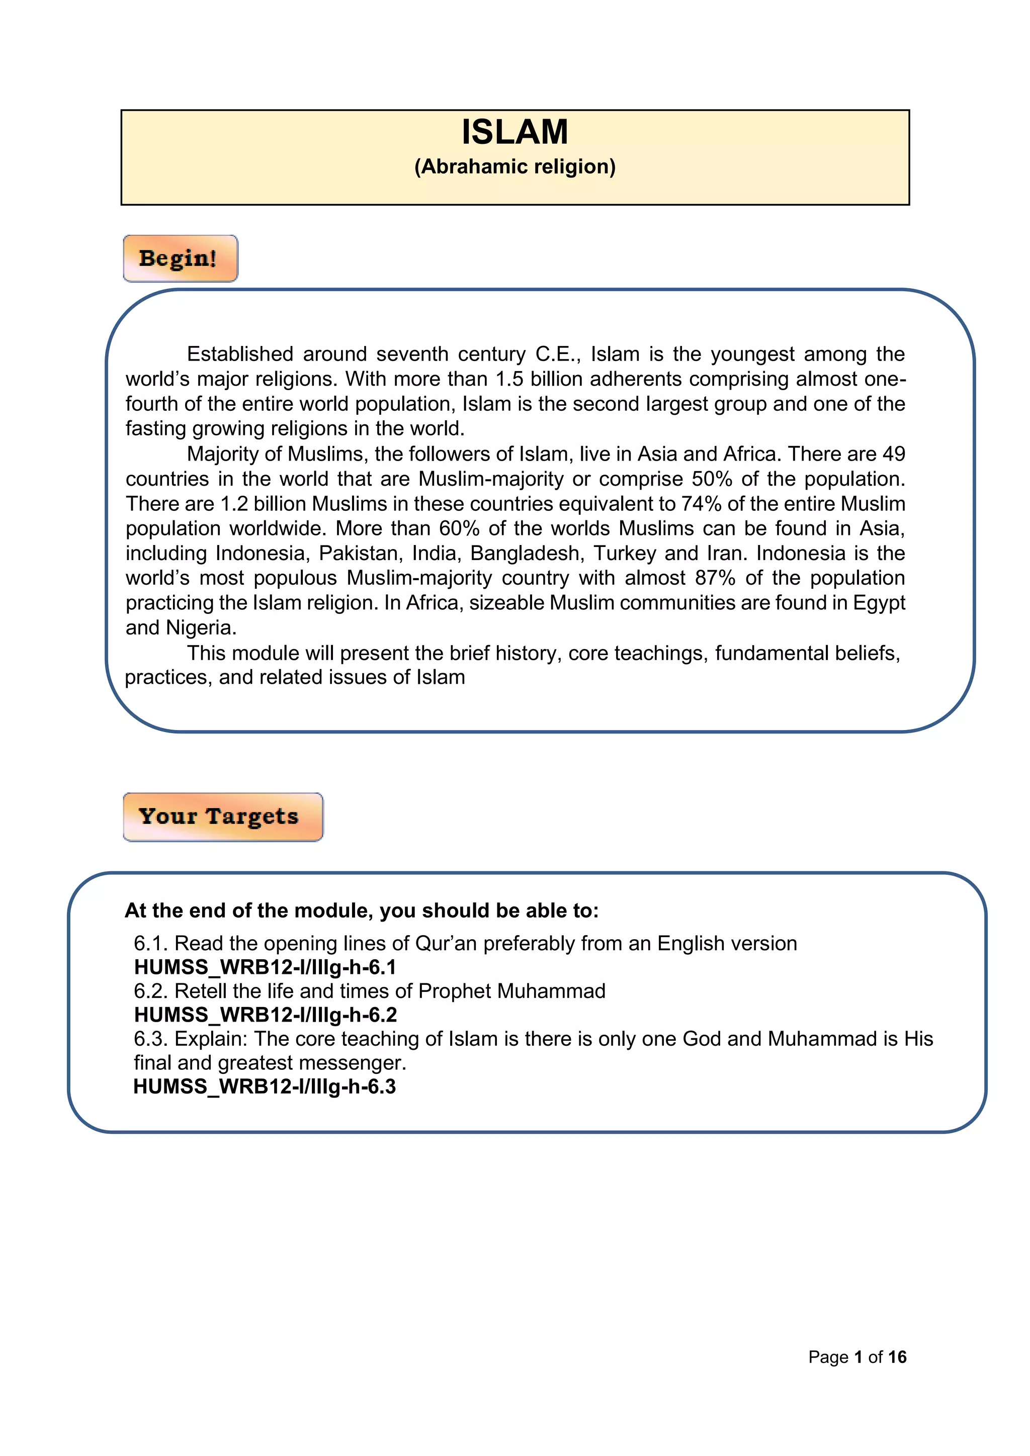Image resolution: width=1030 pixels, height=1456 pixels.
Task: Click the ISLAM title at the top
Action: point(514,132)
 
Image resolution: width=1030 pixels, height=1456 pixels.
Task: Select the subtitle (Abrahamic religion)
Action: point(514,167)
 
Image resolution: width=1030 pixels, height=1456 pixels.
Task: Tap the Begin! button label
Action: point(178,258)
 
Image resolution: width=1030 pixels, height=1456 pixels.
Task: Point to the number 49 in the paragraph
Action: point(893,454)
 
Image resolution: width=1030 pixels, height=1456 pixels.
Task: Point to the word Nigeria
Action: point(201,628)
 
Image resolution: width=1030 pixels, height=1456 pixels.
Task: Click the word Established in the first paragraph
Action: point(240,354)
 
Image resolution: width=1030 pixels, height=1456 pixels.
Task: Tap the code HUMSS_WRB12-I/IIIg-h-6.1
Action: point(265,967)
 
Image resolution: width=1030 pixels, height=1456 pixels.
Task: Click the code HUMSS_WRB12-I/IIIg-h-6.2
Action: point(265,1015)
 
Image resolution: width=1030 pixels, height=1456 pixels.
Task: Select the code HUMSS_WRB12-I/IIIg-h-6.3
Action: point(265,1086)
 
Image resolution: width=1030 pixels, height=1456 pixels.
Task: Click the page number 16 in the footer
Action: point(897,1357)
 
